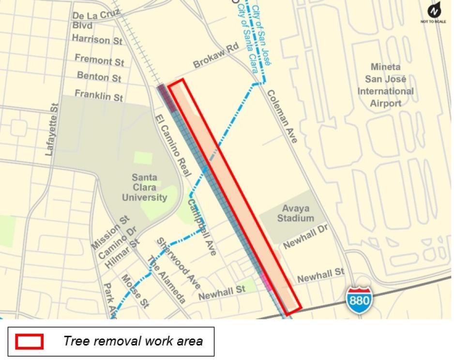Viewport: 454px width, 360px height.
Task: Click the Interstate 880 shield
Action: click(x=359, y=298)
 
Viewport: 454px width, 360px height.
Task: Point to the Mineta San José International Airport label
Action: click(x=385, y=85)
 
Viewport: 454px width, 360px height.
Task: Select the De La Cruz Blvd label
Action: click(x=95, y=20)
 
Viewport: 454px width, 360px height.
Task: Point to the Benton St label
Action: click(x=99, y=76)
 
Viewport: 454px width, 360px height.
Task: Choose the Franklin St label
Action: click(x=98, y=95)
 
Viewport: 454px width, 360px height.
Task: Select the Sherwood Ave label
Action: click(x=178, y=263)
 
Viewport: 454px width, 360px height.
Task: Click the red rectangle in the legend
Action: click(x=30, y=342)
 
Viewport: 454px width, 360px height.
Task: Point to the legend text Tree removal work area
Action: click(x=133, y=341)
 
